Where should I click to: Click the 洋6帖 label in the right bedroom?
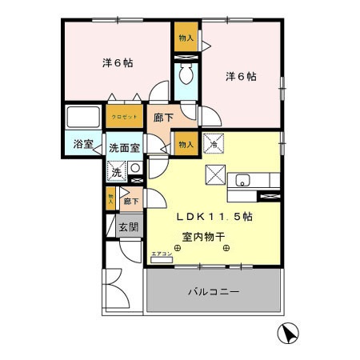240,76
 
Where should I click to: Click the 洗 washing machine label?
117,172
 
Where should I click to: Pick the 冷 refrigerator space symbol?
214,142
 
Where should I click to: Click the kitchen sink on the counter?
242,179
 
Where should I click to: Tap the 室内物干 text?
202,236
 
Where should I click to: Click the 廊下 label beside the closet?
159,117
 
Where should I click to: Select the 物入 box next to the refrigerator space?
186,144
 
